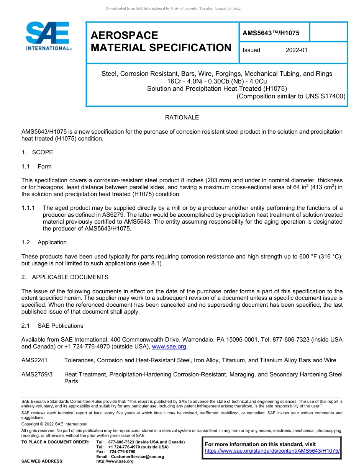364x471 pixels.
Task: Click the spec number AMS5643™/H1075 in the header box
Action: [271, 33]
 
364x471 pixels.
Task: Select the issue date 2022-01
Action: [296, 50]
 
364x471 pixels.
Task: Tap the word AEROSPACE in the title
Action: [124, 36]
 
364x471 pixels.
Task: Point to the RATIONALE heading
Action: [182, 118]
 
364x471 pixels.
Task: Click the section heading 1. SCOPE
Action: [37, 152]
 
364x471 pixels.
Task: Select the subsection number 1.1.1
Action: [28, 208]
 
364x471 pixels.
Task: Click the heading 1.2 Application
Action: [44, 242]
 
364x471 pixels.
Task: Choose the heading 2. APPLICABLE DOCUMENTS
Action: [65, 277]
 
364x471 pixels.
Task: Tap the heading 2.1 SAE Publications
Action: [52, 326]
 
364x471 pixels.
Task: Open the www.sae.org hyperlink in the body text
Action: [169, 347]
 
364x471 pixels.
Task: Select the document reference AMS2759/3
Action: [37, 375]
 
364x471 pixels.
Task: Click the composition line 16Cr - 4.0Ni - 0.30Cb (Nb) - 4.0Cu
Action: [217, 81]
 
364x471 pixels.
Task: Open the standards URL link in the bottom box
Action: [272, 451]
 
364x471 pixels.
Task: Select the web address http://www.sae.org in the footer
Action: [115, 461]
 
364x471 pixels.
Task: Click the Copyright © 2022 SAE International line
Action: [54, 424]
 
